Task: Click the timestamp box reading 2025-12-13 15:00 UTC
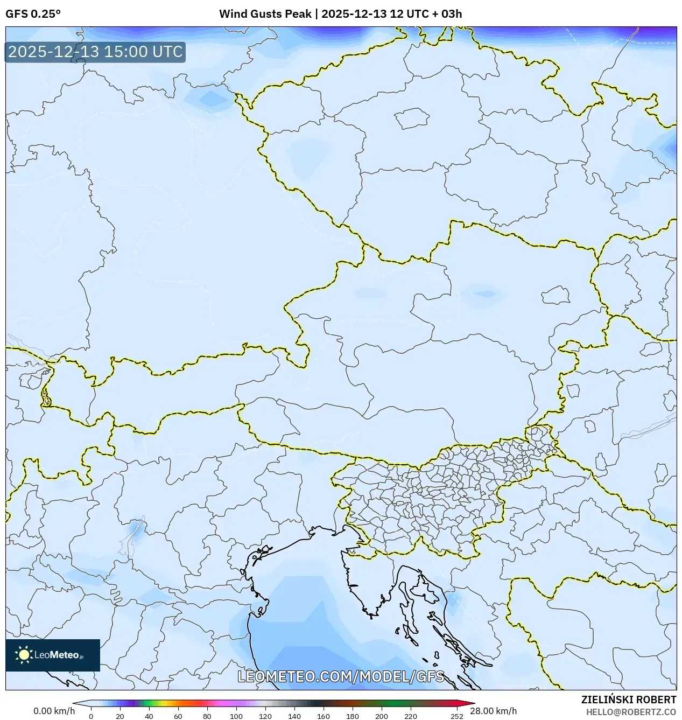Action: [x=95, y=52]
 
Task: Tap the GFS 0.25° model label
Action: [x=33, y=14]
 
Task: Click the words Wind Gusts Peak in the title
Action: [x=265, y=14]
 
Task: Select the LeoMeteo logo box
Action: [x=53, y=655]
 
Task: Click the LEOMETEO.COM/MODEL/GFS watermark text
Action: [x=341, y=676]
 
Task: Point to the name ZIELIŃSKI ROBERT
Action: [x=628, y=700]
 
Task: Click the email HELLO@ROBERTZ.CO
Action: [x=631, y=712]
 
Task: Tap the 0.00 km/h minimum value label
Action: [x=54, y=711]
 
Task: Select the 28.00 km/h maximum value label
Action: [x=493, y=711]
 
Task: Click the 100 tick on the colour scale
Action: [x=236, y=716]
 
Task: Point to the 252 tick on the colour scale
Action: [x=456, y=716]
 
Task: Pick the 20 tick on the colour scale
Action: [x=119, y=716]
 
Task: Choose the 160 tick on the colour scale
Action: [x=323, y=716]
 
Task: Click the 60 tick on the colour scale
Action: [x=178, y=716]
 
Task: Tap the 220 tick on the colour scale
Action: [x=410, y=716]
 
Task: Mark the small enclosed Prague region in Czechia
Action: [x=411, y=118]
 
